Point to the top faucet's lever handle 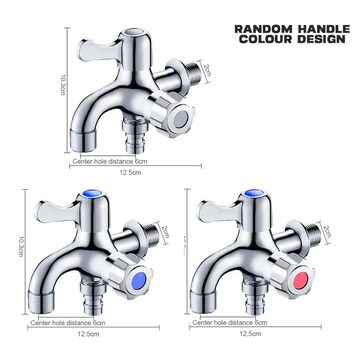point(95,49)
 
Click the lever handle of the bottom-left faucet point(53,211)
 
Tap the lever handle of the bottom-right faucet point(214,211)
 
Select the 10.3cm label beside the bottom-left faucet point(20,246)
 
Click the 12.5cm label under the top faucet point(131,173)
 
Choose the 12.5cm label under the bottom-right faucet point(250,334)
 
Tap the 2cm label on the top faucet point(208,72)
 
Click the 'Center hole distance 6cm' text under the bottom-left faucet point(68,323)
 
